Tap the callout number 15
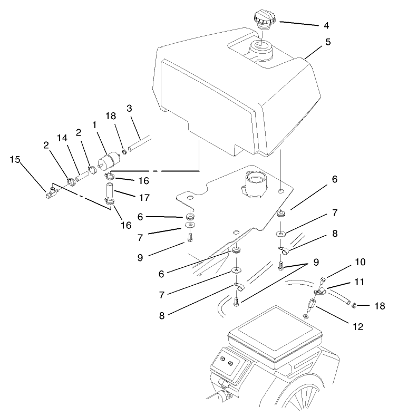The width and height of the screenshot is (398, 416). (x=15, y=159)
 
